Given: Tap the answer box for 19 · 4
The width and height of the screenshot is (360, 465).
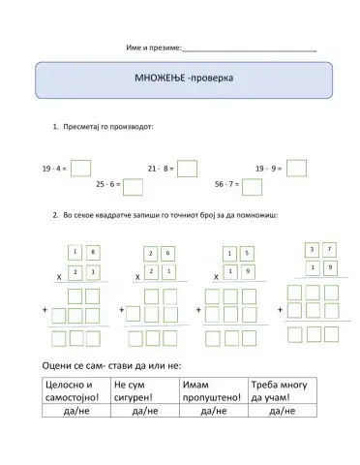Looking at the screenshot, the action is pyautogui.click(x=80, y=169).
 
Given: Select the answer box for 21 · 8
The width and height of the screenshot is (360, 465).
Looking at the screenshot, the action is pyautogui.click(x=187, y=169).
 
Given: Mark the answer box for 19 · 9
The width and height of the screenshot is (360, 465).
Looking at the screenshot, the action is pyautogui.click(x=296, y=168).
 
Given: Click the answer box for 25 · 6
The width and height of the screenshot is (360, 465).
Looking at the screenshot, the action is pyautogui.click(x=134, y=186).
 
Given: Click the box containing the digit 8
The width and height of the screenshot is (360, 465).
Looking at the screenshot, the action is pyautogui.click(x=93, y=253).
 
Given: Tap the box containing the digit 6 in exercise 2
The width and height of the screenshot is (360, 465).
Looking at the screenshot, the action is pyautogui.click(x=169, y=254).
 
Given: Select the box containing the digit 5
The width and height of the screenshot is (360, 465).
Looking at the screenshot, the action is pyautogui.click(x=248, y=254).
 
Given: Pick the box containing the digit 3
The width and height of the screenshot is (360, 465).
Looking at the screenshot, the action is pyautogui.click(x=312, y=249).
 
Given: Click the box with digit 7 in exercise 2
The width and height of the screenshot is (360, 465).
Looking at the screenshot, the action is pyautogui.click(x=330, y=249).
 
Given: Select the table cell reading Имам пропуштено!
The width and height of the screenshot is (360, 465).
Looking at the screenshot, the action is pyautogui.click(x=213, y=390).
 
